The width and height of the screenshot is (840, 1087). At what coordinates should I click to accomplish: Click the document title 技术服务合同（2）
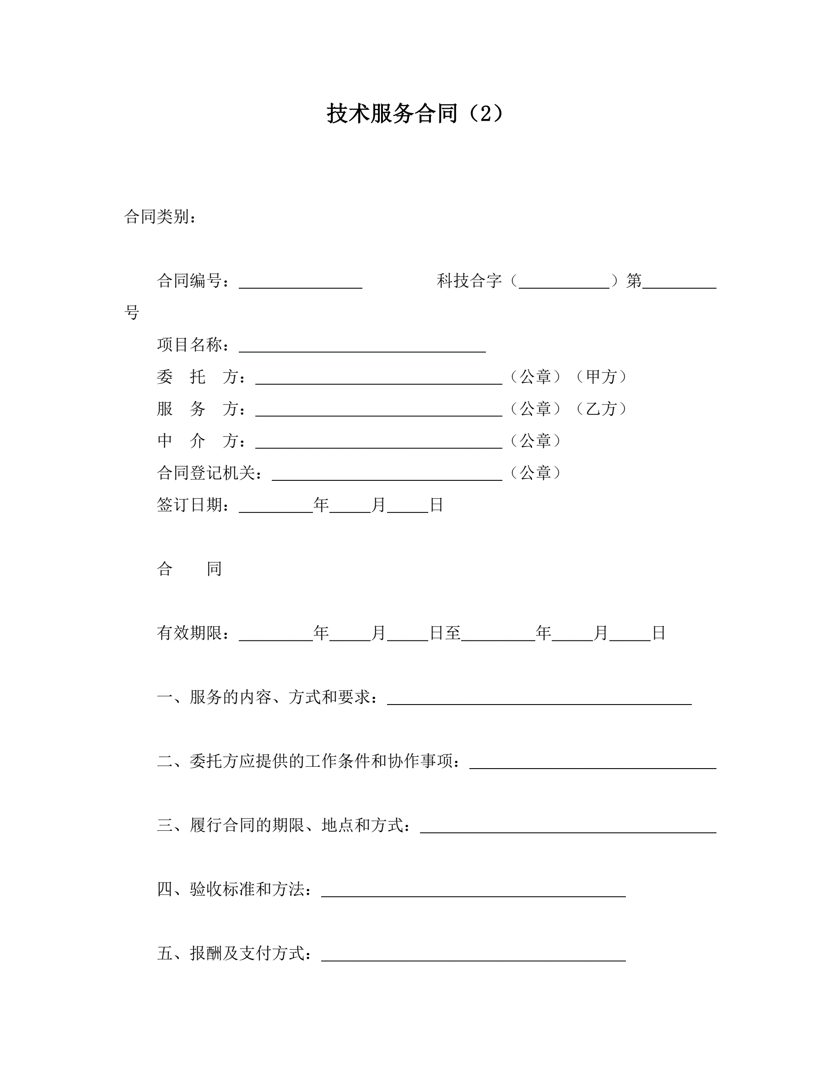415,113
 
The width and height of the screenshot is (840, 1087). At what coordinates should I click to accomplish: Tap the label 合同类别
157,217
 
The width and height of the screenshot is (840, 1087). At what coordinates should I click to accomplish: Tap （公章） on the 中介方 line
535,441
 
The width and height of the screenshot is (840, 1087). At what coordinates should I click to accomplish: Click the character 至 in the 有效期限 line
452,633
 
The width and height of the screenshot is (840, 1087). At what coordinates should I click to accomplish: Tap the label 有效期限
189,633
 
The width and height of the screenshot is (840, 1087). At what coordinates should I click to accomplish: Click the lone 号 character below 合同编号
132,313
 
